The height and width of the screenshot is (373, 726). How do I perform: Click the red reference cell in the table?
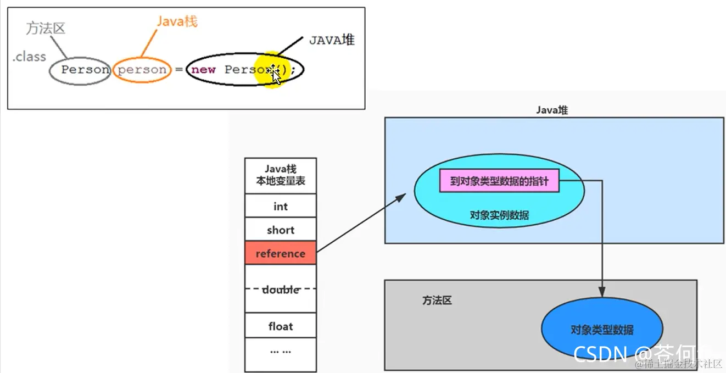(x=280, y=253)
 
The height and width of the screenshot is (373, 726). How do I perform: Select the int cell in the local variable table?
(x=280, y=207)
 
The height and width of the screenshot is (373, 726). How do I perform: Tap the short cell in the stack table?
(x=280, y=230)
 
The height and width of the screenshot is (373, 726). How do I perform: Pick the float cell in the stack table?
(x=280, y=326)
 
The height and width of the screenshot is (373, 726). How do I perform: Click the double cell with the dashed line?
(x=280, y=289)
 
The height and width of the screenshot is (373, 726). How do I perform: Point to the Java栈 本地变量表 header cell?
(x=280, y=175)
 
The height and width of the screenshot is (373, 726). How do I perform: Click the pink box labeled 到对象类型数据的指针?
(x=499, y=181)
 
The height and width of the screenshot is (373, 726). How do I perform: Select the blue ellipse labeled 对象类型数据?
(x=602, y=330)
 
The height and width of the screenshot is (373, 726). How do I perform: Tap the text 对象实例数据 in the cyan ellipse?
(x=499, y=215)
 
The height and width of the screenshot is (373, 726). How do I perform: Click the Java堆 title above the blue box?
(x=552, y=110)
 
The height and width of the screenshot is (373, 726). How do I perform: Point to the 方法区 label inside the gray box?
(x=437, y=300)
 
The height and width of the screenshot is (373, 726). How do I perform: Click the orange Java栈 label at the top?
(x=176, y=21)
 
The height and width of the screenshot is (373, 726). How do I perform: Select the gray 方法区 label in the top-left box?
(x=46, y=29)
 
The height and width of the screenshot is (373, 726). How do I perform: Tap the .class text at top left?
(x=29, y=57)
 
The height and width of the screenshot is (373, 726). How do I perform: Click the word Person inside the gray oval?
(x=85, y=70)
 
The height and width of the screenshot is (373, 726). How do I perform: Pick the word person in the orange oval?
(x=142, y=70)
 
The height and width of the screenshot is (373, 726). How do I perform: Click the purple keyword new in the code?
(x=203, y=70)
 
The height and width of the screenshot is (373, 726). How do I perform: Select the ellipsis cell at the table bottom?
(x=280, y=350)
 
